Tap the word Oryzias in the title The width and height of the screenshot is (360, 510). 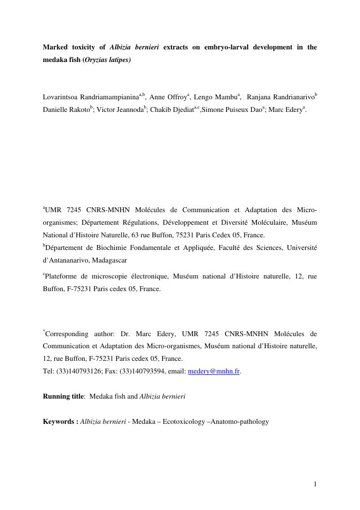pos(96,60)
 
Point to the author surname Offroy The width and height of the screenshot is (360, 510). pos(176,97)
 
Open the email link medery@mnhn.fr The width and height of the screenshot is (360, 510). pos(213,371)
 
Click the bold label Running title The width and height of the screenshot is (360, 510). pos(63,396)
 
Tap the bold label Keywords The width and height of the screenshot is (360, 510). pos(59,421)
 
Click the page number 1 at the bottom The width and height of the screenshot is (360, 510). pos(315,484)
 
